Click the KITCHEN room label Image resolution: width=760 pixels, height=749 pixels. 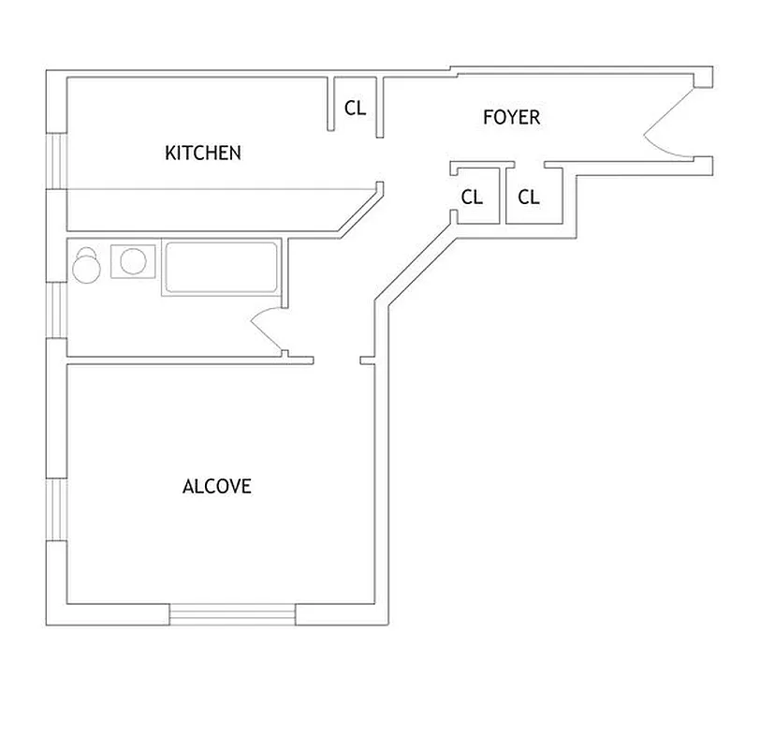click(x=203, y=153)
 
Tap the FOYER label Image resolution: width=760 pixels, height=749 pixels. click(x=511, y=118)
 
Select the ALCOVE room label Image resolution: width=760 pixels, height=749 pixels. click(x=217, y=487)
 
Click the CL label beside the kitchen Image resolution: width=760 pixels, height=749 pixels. click(x=356, y=108)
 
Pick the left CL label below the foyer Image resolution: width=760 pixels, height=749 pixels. click(x=472, y=198)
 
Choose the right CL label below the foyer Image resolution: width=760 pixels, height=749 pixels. click(x=529, y=198)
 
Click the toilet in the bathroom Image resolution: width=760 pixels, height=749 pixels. click(x=87, y=265)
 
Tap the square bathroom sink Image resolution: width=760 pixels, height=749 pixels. click(x=132, y=261)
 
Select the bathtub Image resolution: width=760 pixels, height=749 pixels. click(x=221, y=267)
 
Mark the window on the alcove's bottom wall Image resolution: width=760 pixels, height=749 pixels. click(x=232, y=615)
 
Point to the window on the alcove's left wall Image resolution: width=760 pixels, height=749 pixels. click(x=57, y=509)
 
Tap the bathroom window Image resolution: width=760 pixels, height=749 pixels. click(x=57, y=309)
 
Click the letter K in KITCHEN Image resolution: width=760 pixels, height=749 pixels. click(x=170, y=153)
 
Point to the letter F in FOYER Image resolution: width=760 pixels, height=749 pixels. click(x=488, y=118)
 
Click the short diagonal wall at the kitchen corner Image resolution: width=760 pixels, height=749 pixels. click(x=360, y=211)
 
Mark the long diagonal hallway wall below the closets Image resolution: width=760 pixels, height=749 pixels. click(x=412, y=263)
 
